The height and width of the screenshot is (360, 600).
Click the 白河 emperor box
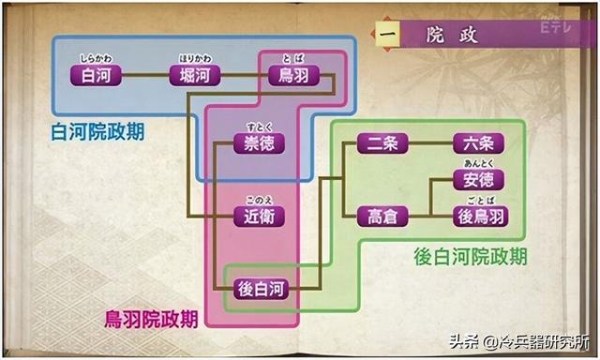(x=96, y=75)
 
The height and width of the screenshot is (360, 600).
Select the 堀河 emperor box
(x=195, y=75)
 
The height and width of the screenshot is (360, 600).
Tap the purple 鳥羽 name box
(x=293, y=75)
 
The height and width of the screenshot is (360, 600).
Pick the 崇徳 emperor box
(x=259, y=143)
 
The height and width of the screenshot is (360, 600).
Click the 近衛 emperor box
(x=259, y=217)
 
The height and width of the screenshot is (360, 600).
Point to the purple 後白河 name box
(x=261, y=289)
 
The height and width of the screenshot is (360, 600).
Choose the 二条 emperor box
(x=382, y=143)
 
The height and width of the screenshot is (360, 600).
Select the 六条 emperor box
(x=478, y=143)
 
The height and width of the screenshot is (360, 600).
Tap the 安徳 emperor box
(x=478, y=180)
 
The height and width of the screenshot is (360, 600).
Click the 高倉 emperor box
(x=382, y=217)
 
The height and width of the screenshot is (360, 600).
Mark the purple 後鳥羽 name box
(x=481, y=217)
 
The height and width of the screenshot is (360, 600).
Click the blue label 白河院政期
(x=97, y=132)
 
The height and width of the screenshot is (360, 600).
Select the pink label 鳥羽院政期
(x=152, y=319)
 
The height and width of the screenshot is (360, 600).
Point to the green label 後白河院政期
(x=471, y=256)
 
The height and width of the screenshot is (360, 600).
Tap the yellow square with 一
(x=387, y=34)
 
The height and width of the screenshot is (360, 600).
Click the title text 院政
(x=452, y=36)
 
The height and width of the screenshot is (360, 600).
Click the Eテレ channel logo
(x=556, y=26)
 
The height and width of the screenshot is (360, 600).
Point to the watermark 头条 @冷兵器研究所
(x=519, y=341)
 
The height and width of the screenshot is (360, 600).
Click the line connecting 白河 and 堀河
(x=145, y=75)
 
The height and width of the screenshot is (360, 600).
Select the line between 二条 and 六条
(x=430, y=143)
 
